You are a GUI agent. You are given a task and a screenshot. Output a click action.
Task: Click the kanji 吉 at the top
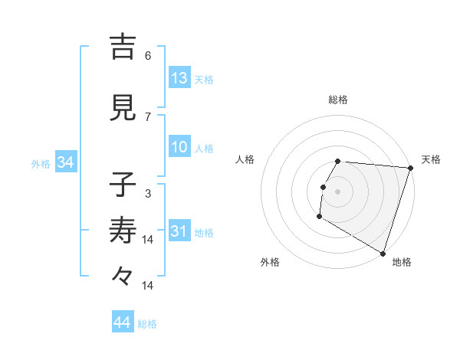coord(123,47)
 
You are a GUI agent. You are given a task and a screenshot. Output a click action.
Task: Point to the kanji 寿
coord(123,230)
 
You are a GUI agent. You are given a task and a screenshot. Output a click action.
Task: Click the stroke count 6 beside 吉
coord(148,56)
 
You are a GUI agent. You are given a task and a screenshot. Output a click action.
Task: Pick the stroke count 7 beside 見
coord(148,117)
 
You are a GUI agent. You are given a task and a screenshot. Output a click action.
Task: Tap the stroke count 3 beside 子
coord(148,194)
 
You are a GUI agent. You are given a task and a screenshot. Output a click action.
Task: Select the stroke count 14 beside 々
coord(148,286)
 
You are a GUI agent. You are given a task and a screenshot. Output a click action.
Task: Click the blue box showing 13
coord(179,78)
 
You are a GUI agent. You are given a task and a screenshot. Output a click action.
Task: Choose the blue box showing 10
coord(179,147)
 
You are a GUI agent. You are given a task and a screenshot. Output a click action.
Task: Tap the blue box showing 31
coord(179,231)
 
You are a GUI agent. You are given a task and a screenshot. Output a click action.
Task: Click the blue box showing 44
coord(123,322)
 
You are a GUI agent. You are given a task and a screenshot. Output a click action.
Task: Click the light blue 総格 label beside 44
coord(148,324)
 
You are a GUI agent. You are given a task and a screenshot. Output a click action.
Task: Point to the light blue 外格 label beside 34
coord(41,163)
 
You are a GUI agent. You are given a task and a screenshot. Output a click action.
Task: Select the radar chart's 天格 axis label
coord(431,159)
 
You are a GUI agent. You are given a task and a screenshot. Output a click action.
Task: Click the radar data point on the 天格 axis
coord(410,168)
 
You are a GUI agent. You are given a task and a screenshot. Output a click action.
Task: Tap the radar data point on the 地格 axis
coord(383,253)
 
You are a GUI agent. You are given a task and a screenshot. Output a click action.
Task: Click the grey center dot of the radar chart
coord(337,191)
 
